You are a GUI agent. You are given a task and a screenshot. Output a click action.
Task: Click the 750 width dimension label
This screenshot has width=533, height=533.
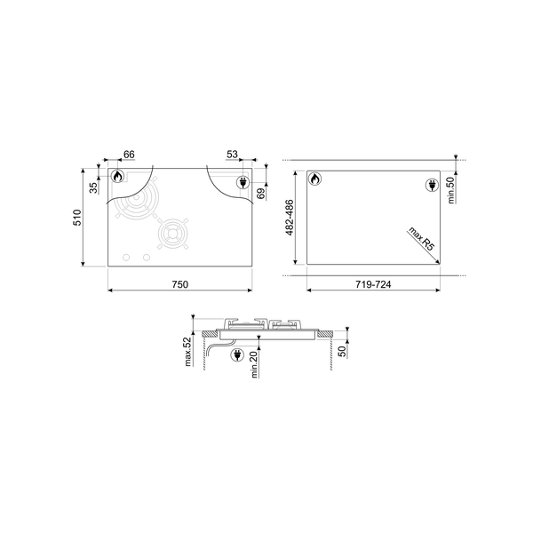[x=179, y=284]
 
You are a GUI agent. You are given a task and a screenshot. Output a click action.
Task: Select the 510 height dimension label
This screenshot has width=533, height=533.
[x=78, y=218]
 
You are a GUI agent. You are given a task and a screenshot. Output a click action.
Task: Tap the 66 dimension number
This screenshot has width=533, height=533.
[x=129, y=155]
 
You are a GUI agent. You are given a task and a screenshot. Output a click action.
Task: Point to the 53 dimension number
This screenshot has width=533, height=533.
[x=232, y=155]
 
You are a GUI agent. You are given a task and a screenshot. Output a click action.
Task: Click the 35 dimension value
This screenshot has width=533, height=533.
[x=93, y=188]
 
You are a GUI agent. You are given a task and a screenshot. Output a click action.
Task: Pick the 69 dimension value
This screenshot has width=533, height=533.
[x=260, y=194]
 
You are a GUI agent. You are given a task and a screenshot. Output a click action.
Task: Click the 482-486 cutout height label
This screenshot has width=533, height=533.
[x=290, y=218]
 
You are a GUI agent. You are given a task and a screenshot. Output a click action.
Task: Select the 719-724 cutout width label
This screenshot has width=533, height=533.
[x=373, y=284]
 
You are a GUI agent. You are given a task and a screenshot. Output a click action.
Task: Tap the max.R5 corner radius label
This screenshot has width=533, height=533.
[x=422, y=239]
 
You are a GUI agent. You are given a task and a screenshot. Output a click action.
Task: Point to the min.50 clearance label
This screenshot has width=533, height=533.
[x=451, y=190]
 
